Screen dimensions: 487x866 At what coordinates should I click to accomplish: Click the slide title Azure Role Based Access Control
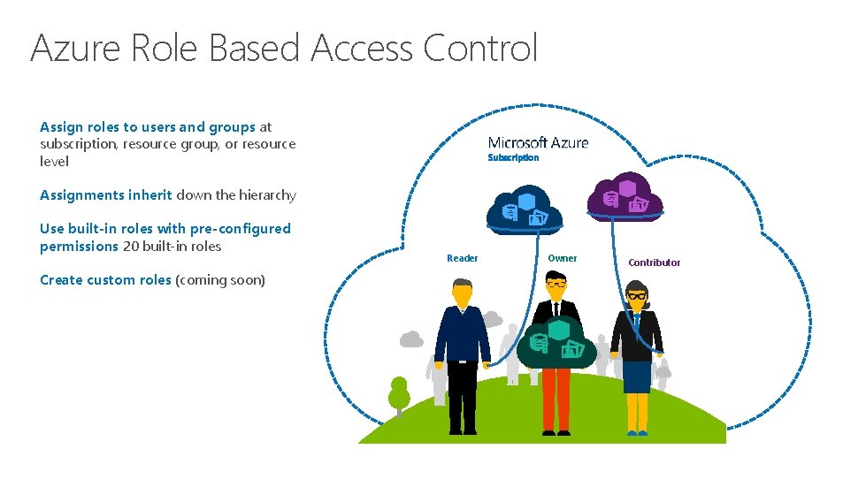[283, 48]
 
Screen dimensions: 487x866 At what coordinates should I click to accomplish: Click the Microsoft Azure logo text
[538, 142]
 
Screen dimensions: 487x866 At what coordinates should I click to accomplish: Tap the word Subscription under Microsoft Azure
[513, 157]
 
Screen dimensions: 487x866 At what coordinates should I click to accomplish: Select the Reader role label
[462, 258]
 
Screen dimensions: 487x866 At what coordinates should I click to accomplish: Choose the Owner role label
[562, 258]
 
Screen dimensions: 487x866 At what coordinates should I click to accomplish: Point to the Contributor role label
[654, 263]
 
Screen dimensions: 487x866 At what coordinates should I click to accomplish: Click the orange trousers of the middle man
[556, 398]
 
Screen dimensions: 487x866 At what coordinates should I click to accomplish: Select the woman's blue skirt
[636, 377]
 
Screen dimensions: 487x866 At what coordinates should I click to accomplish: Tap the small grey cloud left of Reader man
[411, 338]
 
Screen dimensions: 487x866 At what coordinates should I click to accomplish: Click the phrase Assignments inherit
[106, 195]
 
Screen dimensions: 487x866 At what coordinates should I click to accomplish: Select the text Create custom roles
[105, 280]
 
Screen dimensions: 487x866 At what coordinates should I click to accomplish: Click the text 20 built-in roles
[172, 247]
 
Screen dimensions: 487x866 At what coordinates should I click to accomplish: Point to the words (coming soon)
[220, 280]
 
